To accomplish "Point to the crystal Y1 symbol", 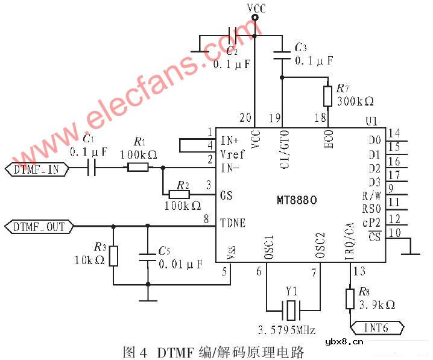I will click(292, 311).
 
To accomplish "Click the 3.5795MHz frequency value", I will click(287, 330).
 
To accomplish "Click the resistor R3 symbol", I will click(113, 256).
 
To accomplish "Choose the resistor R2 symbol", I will click(179, 194).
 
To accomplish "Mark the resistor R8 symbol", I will click(350, 298).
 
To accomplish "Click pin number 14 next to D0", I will click(394, 133).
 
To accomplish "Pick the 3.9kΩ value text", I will click(378, 305).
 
